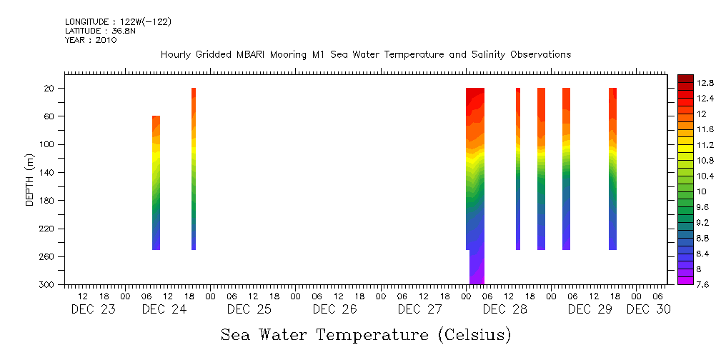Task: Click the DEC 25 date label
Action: (249, 309)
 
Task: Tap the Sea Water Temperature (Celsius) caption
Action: (366, 334)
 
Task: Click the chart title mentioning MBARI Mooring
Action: (366, 55)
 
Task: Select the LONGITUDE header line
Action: (118, 22)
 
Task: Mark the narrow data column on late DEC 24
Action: (194, 169)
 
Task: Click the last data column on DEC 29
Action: (612, 169)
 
